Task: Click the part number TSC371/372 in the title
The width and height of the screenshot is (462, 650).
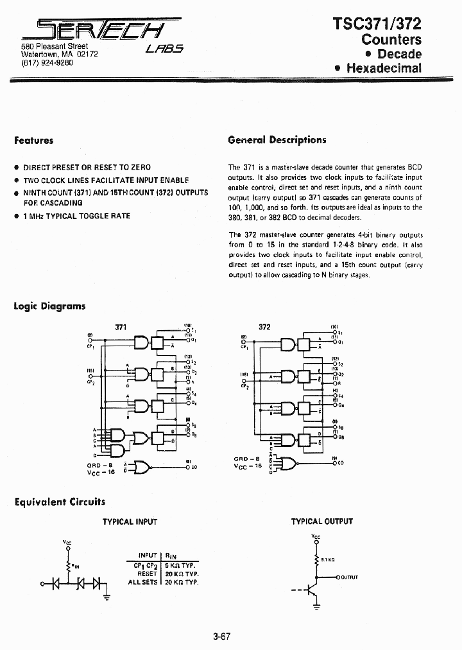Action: click(377, 24)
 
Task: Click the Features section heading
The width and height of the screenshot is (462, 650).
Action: click(33, 140)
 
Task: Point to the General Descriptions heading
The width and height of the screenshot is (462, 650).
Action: click(277, 140)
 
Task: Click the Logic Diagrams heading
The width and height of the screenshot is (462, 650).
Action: click(49, 306)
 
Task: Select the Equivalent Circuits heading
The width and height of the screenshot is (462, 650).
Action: click(59, 502)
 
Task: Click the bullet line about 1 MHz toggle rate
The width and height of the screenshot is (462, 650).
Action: click(76, 216)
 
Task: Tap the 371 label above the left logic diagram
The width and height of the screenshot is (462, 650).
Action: click(121, 327)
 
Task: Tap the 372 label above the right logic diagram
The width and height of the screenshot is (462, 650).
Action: click(264, 327)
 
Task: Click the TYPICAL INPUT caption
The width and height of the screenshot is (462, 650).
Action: click(130, 522)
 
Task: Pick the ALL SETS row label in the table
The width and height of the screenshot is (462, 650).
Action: click(142, 581)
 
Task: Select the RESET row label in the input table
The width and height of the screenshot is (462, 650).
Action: click(147, 573)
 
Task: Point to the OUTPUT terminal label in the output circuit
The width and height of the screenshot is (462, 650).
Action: click(349, 578)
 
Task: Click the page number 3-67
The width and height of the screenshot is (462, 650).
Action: click(221, 637)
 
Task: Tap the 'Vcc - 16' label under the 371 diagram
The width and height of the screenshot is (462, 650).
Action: click(101, 471)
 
